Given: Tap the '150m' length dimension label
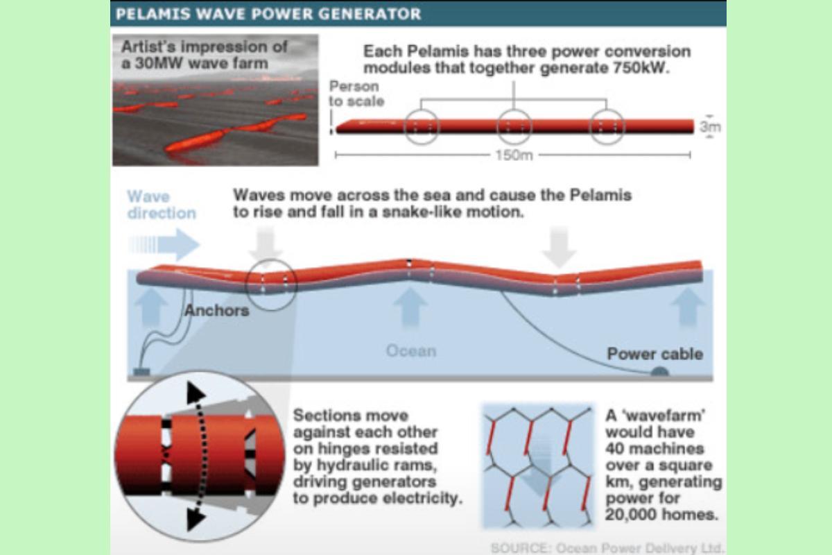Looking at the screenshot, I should coord(513,155).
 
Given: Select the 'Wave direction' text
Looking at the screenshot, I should coord(161,205).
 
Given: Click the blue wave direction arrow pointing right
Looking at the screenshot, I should coord(166,244).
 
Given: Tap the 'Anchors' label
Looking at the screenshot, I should coord(216,310).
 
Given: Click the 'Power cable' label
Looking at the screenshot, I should coord(655,354).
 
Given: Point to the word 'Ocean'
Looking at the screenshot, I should coord(411,350).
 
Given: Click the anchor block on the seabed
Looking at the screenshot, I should coord(141,373).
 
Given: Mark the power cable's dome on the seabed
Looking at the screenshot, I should coord(659,373).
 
